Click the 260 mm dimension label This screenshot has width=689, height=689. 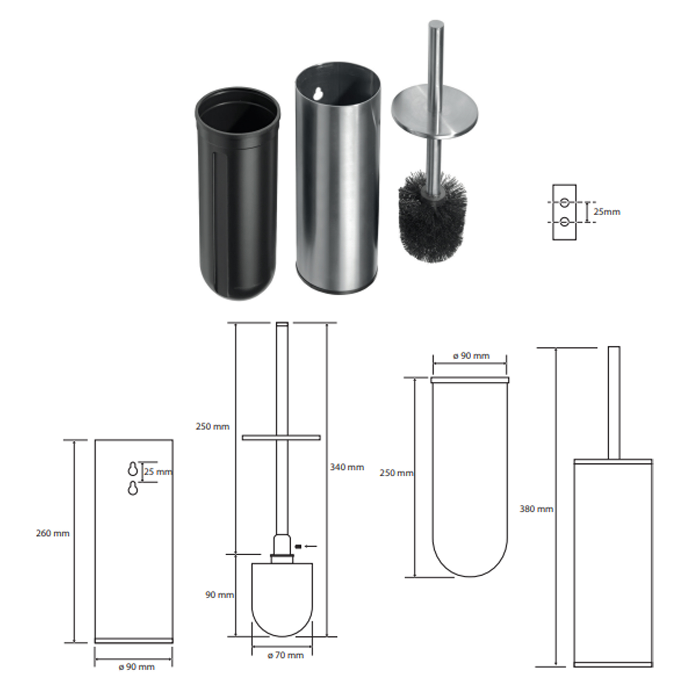click(x=53, y=534)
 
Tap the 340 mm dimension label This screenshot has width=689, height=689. click(x=347, y=467)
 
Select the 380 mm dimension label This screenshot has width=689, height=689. click(x=536, y=509)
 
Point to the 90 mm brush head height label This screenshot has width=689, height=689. click(x=220, y=595)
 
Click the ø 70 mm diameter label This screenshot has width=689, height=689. click(x=286, y=655)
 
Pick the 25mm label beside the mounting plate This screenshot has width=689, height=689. click(x=607, y=212)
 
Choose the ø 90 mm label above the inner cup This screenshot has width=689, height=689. click(x=471, y=356)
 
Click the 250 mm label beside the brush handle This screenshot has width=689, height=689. click(x=213, y=426)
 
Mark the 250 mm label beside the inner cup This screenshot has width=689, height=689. click(x=397, y=473)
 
